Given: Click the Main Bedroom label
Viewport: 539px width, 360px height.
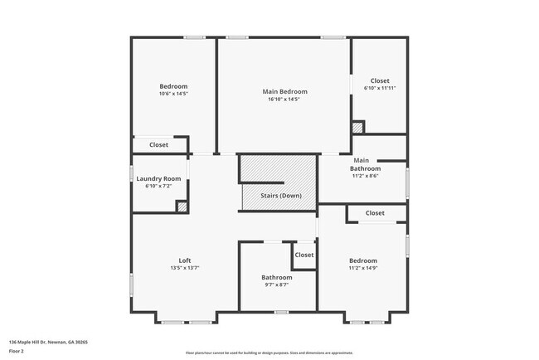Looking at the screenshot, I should pos(284,91).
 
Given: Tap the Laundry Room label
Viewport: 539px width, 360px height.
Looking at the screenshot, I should pos(158,178).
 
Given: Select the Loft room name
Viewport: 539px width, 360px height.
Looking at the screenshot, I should pos(185,260).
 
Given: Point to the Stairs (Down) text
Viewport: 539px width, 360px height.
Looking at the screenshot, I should pos(281,195).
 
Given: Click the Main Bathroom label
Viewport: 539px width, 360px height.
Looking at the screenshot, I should pos(361,164).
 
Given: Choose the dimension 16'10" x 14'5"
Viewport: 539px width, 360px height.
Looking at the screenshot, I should pos(284,100).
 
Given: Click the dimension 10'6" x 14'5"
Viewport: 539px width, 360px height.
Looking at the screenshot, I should pos(173,94).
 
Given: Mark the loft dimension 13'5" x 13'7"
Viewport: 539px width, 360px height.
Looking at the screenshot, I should pos(185,268).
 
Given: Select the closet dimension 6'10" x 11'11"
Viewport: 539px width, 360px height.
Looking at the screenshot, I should pos(380,88).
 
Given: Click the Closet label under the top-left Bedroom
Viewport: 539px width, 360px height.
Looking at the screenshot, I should pos(158,144).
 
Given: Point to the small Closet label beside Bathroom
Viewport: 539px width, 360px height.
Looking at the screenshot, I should pos(304,255).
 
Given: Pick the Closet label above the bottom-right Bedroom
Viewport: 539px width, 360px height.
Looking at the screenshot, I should pos(375,213).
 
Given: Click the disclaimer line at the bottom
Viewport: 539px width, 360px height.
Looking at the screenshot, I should pos(269,352).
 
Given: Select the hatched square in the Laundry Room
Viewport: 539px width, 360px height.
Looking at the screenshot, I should pos(182,207).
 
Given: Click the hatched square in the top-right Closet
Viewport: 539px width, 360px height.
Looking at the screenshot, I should pos(357,127).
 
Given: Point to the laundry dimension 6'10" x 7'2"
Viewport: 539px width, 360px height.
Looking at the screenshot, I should pos(158,186).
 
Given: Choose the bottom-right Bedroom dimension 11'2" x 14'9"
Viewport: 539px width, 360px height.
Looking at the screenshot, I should pos(363,268).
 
